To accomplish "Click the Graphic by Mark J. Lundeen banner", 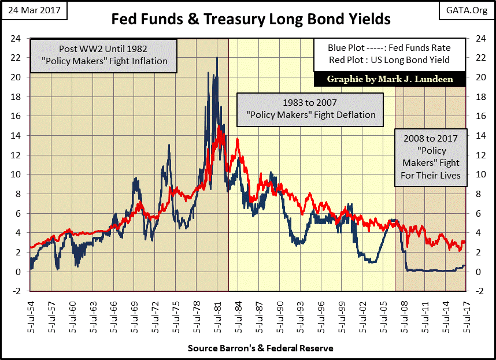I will [x=389, y=79].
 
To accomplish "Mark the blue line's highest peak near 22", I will [x=217, y=58].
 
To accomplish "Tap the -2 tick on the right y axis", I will [x=479, y=291].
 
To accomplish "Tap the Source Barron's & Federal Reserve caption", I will [x=260, y=348].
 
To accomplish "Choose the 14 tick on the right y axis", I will [x=479, y=136].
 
